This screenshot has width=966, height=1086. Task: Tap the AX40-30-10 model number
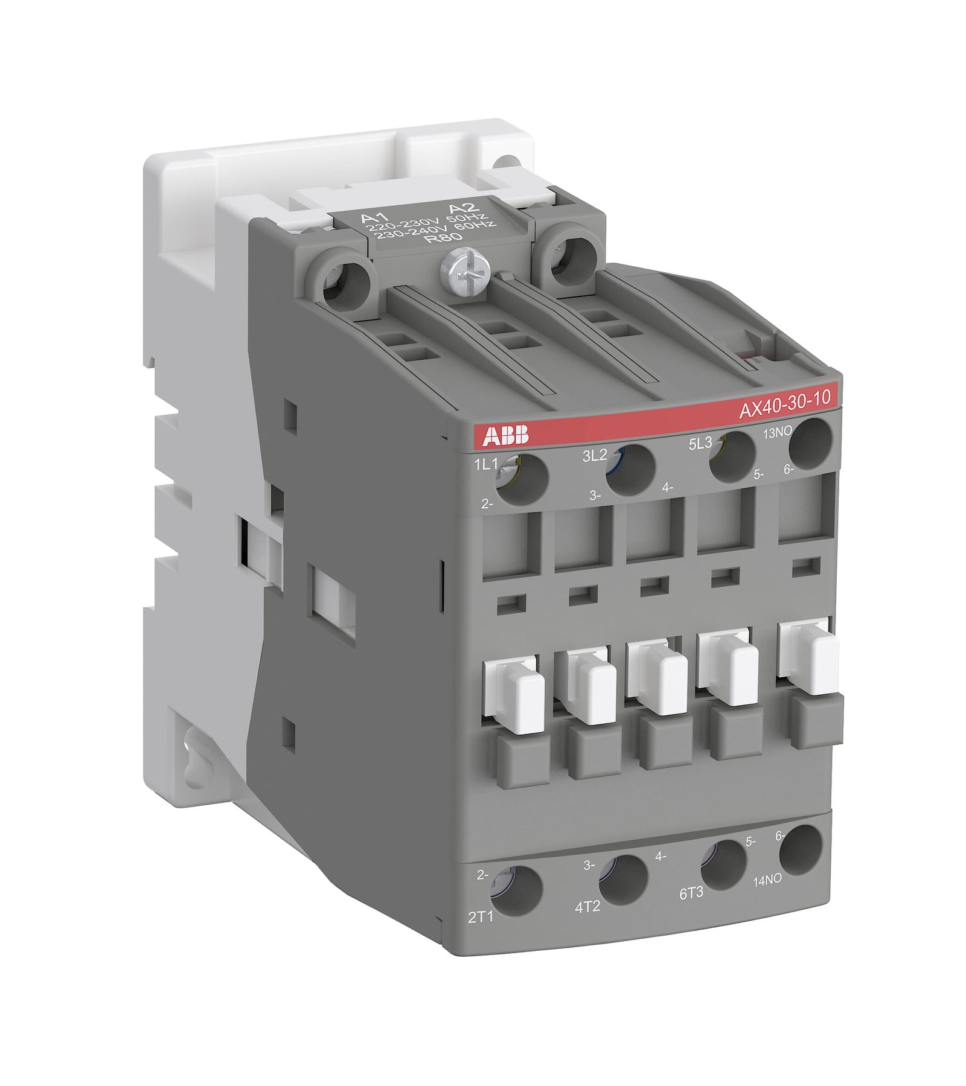coord(784,403)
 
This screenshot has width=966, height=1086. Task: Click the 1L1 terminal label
coord(486,464)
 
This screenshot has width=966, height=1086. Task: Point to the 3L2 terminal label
coord(594,456)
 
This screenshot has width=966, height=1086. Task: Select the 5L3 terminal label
coord(700,444)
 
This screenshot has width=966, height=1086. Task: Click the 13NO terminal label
coord(777,432)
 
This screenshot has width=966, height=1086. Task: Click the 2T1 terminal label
coord(481,917)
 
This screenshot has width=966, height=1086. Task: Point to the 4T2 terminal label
coord(587,907)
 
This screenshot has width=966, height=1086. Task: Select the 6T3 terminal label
coord(691,893)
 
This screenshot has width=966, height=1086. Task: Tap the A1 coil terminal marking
coord(373,217)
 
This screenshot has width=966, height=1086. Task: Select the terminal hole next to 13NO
coord(811,443)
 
